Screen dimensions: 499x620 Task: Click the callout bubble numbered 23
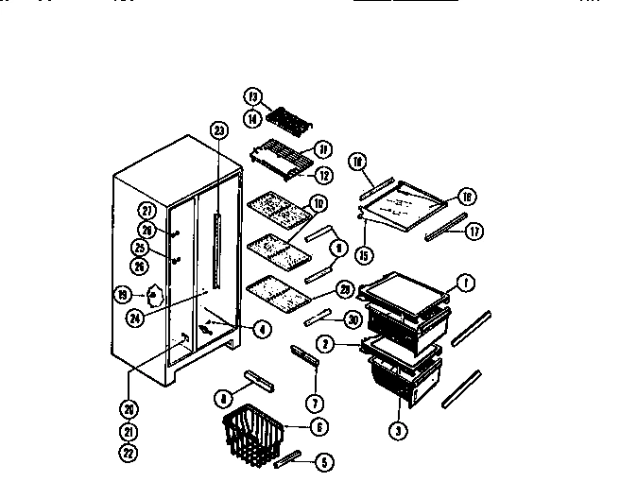(219, 130)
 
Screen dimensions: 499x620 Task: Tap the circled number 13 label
(252, 96)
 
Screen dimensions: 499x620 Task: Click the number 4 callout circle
(262, 330)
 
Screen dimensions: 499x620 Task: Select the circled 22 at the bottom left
(128, 453)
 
